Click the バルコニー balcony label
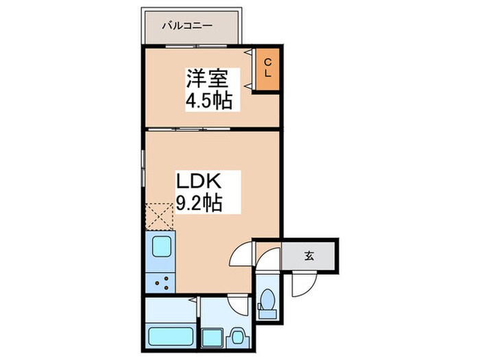coord(187,26)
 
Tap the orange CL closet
coord(268,68)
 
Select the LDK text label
coord(200,182)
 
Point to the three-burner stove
coord(162,282)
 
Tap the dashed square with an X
coord(160,216)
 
